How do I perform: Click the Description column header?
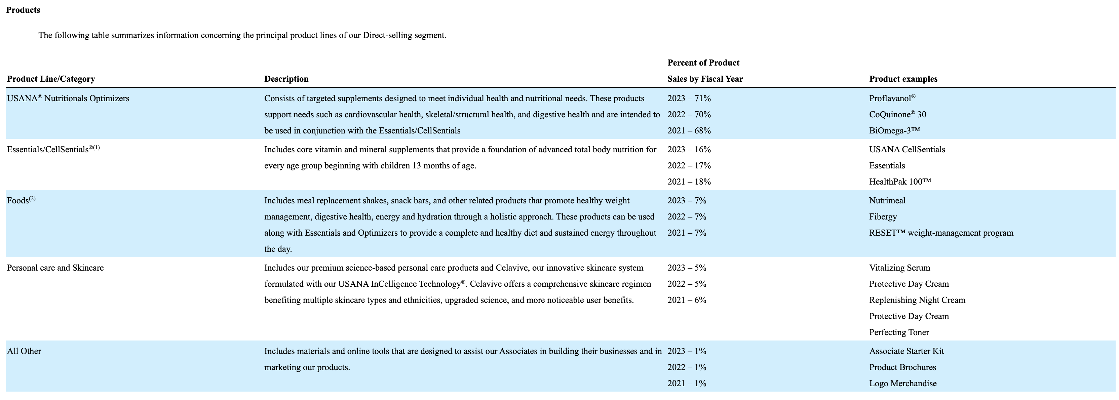(x=286, y=79)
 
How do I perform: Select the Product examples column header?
(x=903, y=79)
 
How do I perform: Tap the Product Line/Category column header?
(x=51, y=79)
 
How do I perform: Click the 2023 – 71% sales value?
(x=689, y=98)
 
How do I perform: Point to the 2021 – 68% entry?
(x=689, y=131)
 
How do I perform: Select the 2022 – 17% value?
(x=689, y=165)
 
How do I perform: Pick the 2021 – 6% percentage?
(x=687, y=300)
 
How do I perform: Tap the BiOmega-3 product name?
(x=894, y=131)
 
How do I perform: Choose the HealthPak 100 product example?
(x=900, y=182)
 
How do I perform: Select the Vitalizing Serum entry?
(x=899, y=268)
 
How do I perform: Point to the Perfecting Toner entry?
(x=899, y=332)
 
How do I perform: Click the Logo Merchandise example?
(x=903, y=384)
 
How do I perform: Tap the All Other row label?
(x=24, y=351)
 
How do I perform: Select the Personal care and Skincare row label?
(x=55, y=268)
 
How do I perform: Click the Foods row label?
(x=18, y=201)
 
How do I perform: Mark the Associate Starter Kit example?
(x=906, y=351)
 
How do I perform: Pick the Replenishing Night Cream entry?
(x=917, y=300)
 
